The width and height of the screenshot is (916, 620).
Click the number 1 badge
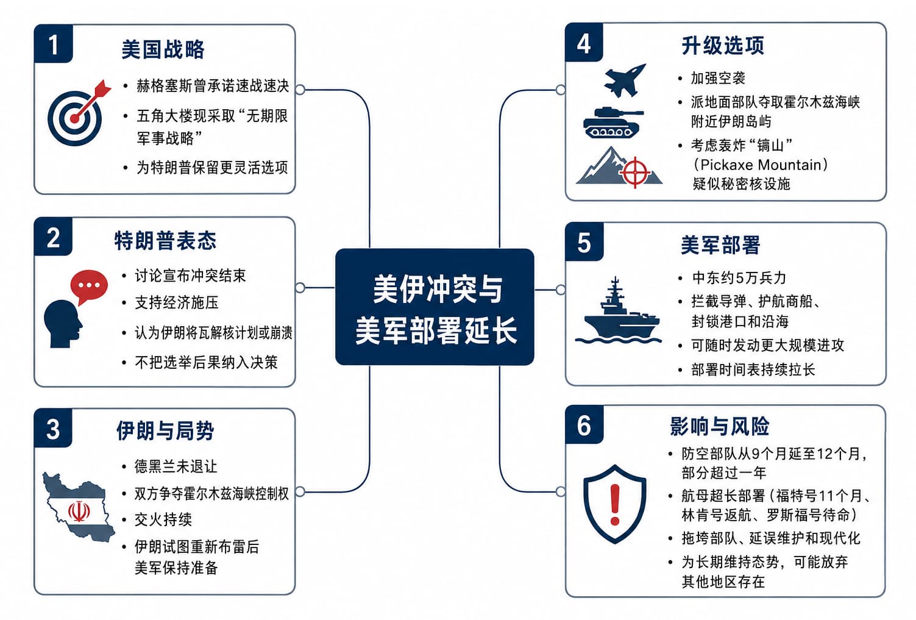(x=53, y=44)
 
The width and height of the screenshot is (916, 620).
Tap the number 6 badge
(x=584, y=425)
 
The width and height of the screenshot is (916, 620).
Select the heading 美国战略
(x=163, y=50)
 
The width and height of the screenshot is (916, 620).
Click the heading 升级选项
(x=723, y=45)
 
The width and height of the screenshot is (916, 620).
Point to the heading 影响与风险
(x=719, y=426)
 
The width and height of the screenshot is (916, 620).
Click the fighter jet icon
(x=625, y=80)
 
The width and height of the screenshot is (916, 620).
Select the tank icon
(x=613, y=123)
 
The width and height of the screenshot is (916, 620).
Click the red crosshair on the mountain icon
(x=635, y=172)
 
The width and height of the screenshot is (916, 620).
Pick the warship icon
(x=619, y=310)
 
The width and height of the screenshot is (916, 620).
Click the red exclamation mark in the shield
(x=614, y=504)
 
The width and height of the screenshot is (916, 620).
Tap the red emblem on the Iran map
(x=79, y=511)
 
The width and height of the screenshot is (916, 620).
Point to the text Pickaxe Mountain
(x=761, y=165)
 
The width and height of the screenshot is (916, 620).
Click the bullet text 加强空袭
(x=718, y=78)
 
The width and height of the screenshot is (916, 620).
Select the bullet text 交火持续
(x=163, y=519)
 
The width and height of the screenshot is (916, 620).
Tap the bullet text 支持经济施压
(x=177, y=302)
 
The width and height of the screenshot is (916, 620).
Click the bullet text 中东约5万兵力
(x=739, y=278)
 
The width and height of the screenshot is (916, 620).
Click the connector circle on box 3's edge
(x=300, y=491)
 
